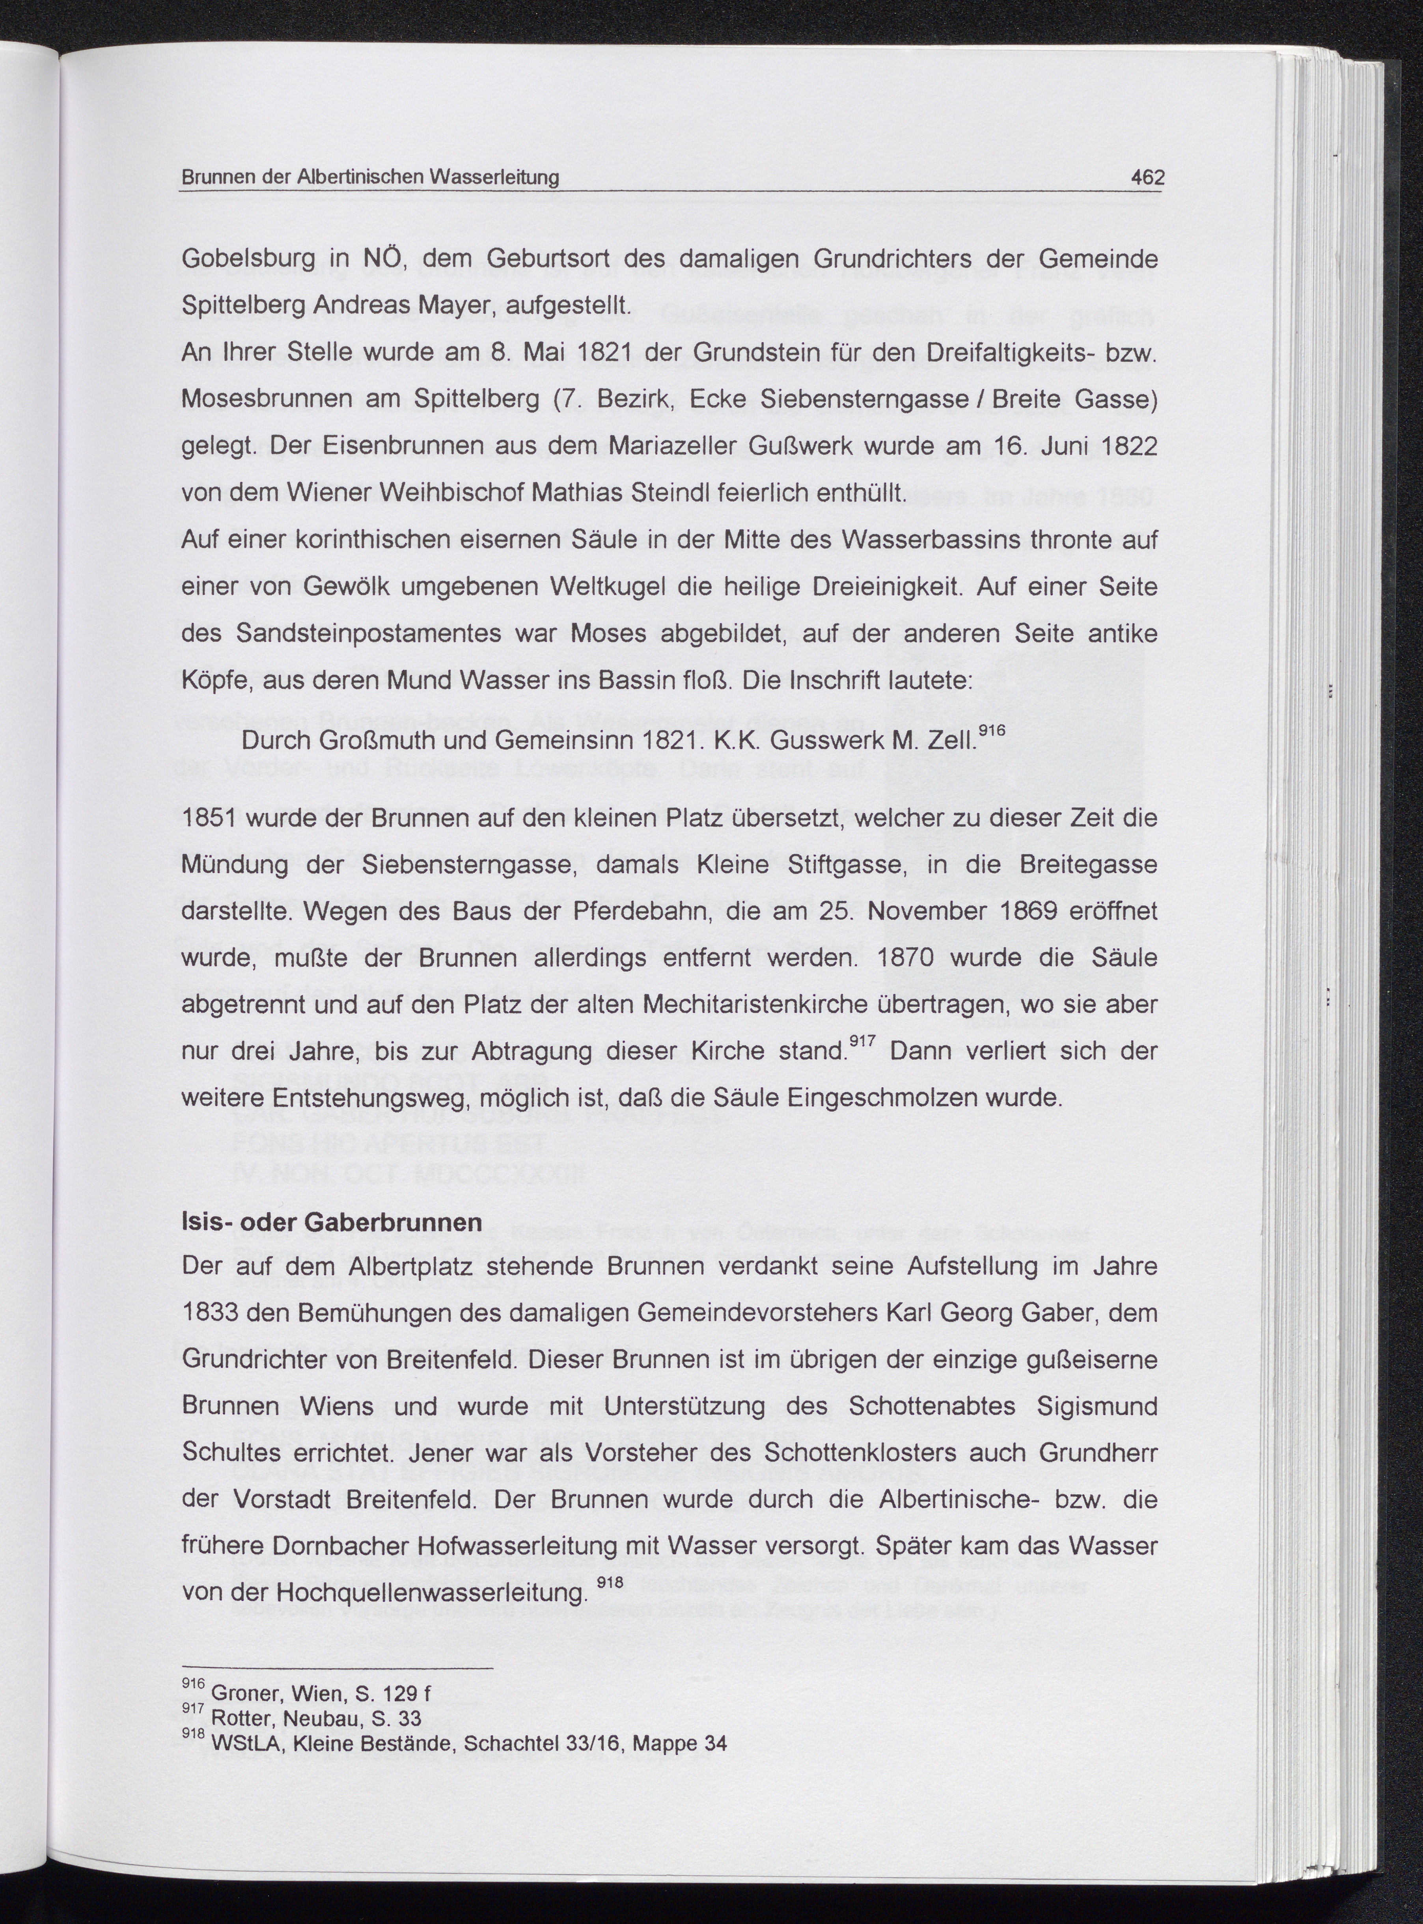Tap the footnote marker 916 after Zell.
(992, 730)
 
